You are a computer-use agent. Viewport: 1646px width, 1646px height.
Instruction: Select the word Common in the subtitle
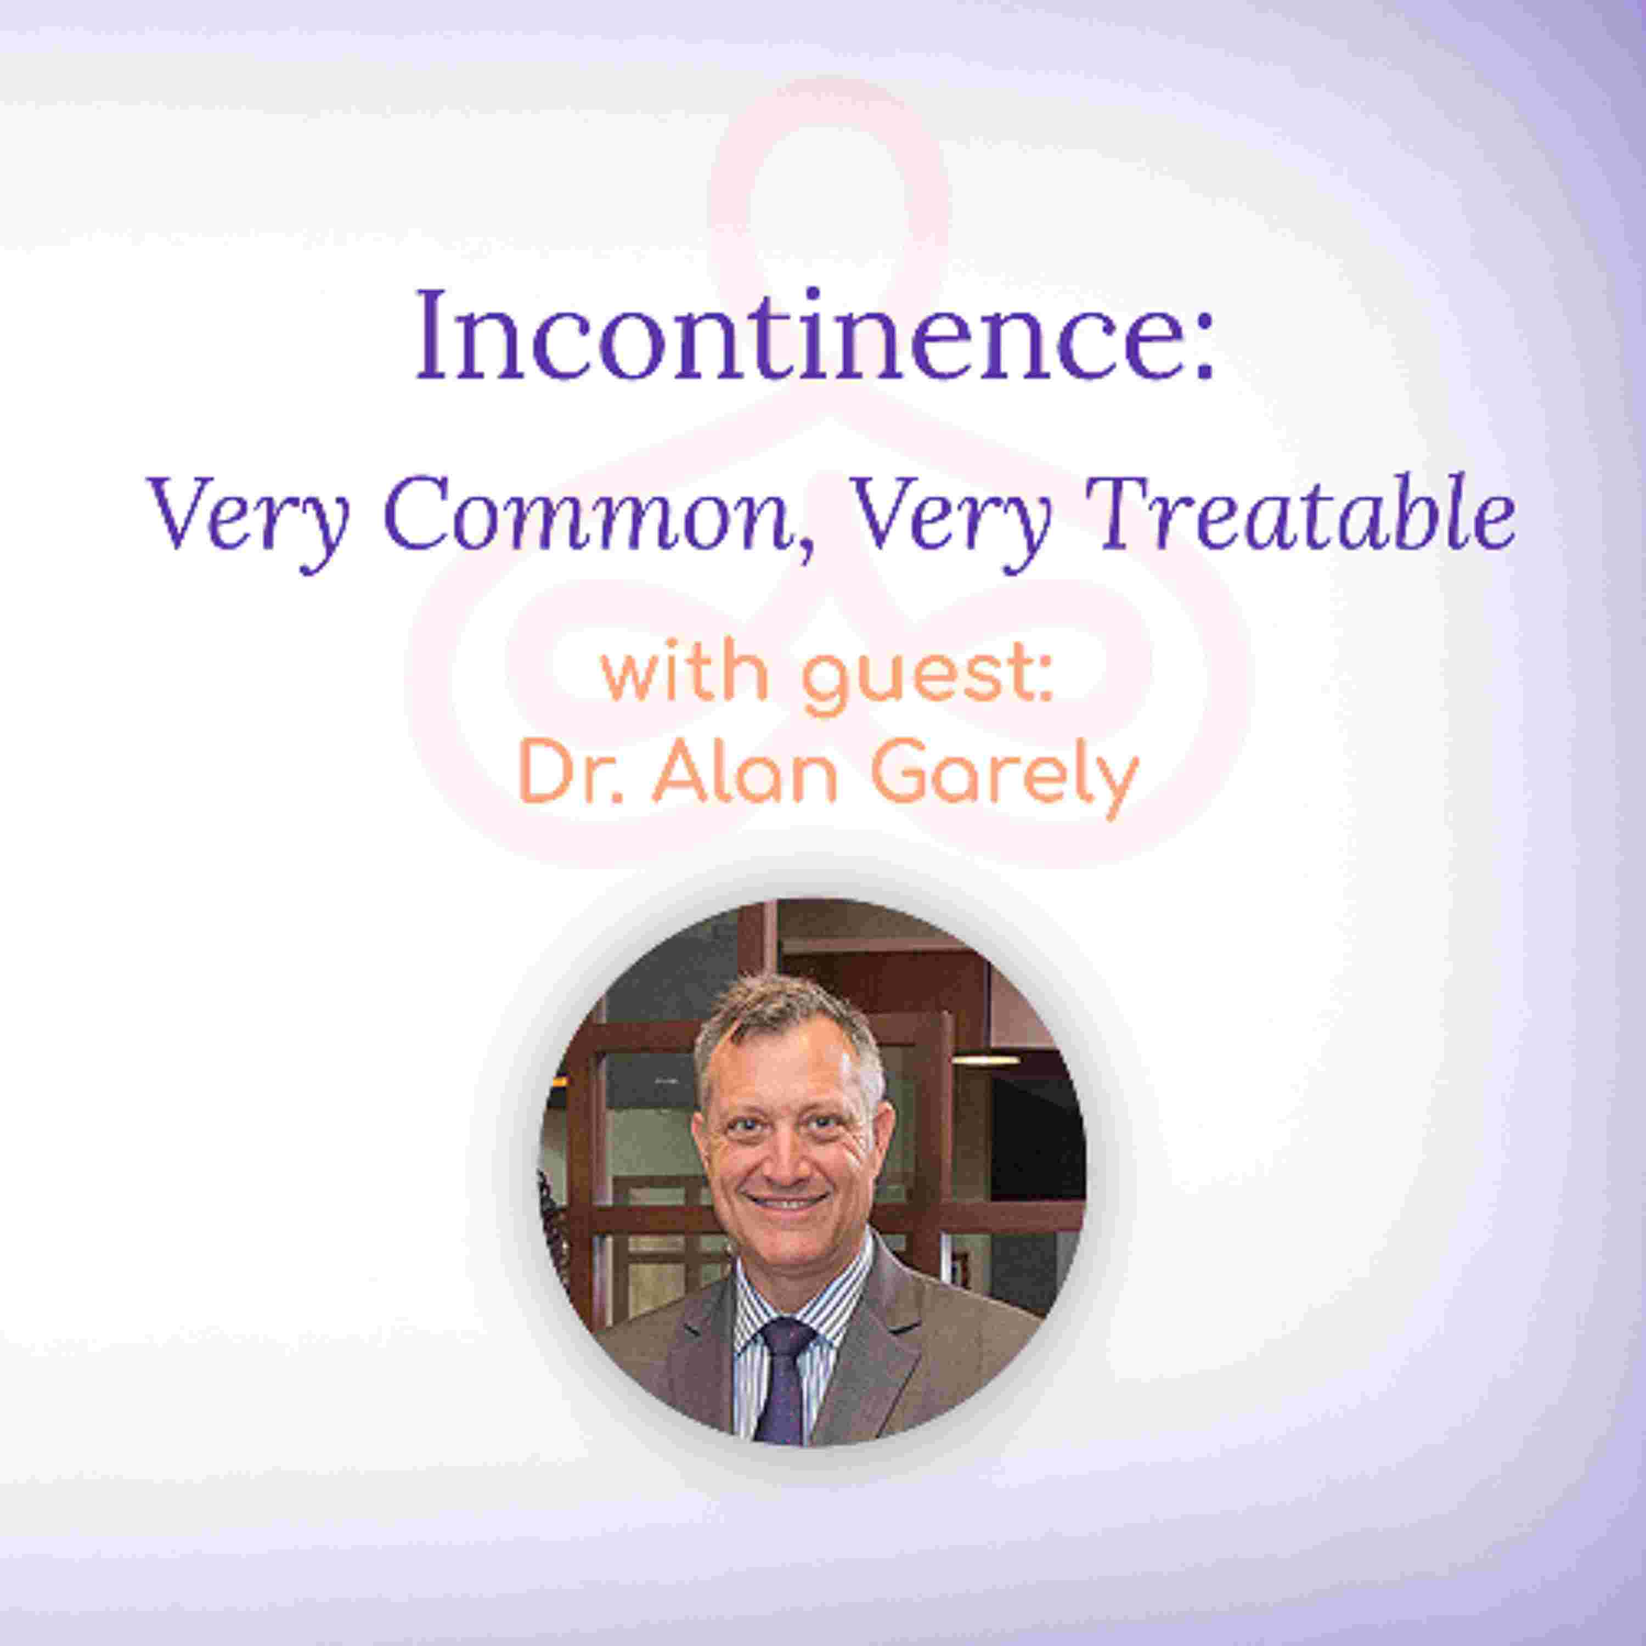coord(588,515)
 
